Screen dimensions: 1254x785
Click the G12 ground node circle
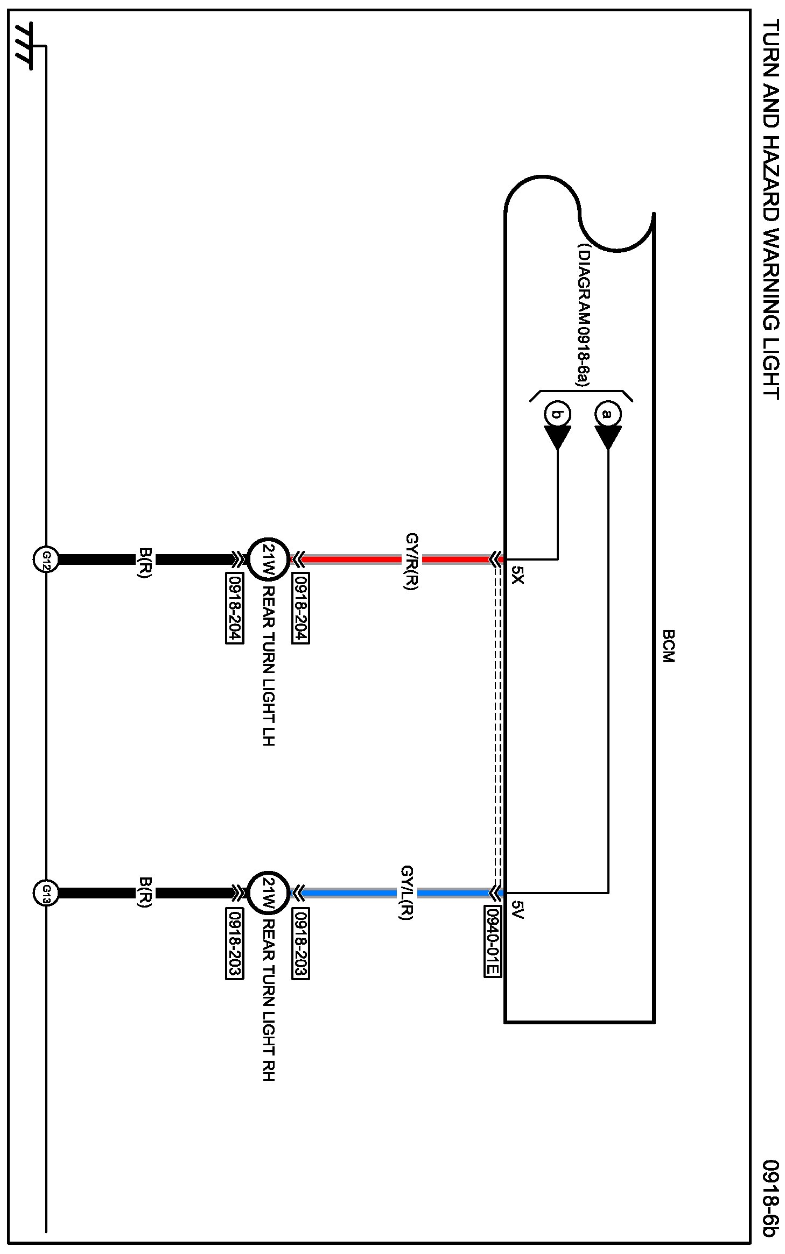46,559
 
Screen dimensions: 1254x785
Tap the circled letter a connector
608,414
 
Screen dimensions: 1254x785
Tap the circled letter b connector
558,414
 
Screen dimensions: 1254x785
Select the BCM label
668,646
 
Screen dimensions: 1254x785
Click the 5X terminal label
517,575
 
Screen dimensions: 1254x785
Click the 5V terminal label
517,909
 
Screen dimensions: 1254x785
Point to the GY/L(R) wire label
407,893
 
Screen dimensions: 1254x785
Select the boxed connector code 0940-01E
492,941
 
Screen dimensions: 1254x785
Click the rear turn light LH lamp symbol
268,559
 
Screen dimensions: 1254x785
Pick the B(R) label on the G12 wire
145,562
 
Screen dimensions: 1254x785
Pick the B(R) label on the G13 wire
145,892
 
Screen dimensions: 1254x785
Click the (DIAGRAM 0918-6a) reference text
583,315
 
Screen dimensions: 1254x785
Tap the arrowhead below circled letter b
558,437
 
